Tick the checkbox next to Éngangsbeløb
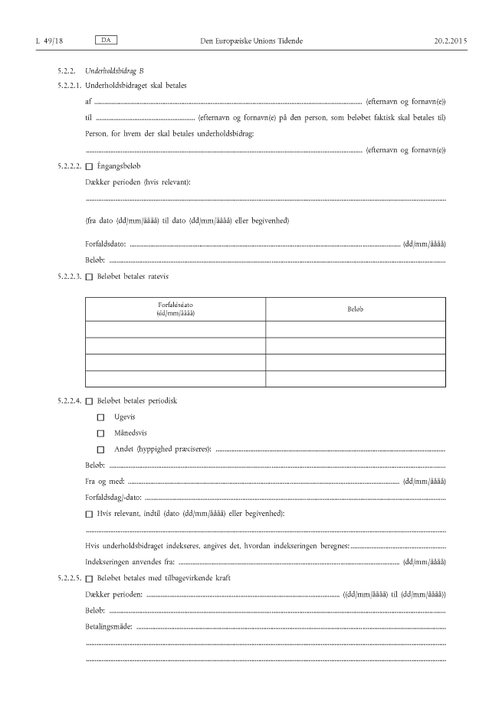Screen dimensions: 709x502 [x=90, y=166]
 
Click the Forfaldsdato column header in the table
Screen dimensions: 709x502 [x=176, y=309]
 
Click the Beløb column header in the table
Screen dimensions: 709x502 [x=355, y=309]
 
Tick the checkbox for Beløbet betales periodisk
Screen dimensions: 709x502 [x=90, y=401]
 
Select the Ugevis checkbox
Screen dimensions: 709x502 [x=100, y=417]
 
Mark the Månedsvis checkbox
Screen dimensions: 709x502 [x=100, y=433]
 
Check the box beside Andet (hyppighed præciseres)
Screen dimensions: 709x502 [x=100, y=449]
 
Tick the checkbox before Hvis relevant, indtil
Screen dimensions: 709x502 [x=90, y=513]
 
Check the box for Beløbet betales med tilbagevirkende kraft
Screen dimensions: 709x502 [x=90, y=577]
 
